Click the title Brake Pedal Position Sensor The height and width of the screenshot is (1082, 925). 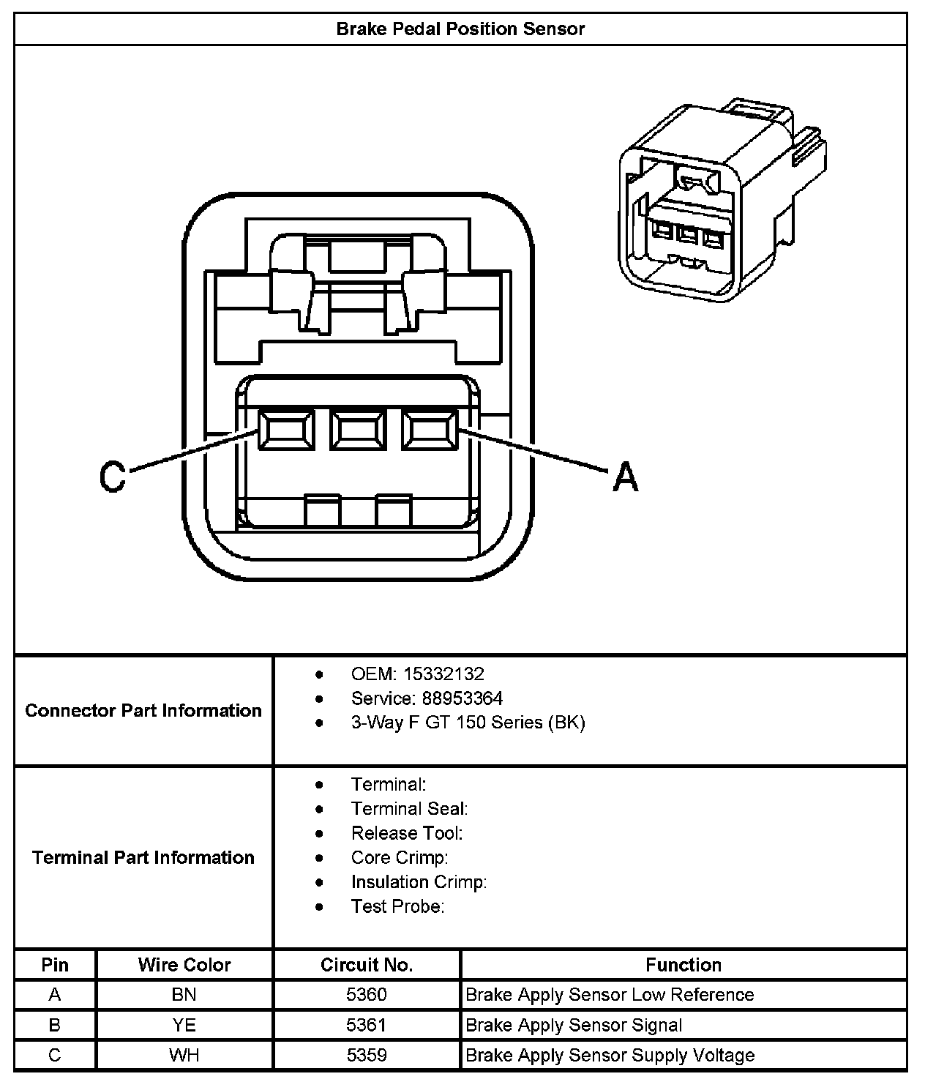460,29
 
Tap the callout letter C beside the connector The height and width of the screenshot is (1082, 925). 113,477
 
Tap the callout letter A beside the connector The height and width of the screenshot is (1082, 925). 625,477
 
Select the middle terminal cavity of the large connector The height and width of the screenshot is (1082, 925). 358,430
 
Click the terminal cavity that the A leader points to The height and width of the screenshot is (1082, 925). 430,430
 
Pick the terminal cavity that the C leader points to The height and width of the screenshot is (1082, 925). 286,430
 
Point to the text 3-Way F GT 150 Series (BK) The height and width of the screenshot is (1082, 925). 468,723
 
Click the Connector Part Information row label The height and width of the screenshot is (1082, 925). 143,711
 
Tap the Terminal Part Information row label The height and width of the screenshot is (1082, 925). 143,857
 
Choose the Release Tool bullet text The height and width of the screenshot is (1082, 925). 407,833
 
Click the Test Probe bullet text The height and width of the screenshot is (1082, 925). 398,906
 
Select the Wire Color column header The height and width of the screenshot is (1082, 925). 184,965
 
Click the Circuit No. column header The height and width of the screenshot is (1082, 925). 367,965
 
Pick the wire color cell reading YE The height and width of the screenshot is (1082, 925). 184,1025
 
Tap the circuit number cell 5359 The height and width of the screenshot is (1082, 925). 367,1055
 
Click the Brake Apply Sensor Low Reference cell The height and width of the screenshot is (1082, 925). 610,995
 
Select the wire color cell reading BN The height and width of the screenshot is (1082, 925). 184,995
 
